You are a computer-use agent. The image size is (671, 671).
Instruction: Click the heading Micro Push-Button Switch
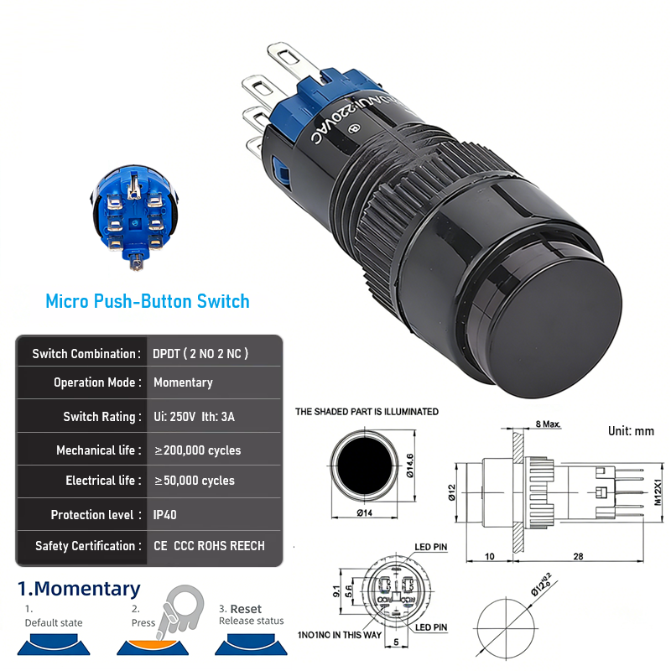tap(148, 300)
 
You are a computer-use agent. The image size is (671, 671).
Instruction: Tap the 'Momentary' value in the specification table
tap(183, 382)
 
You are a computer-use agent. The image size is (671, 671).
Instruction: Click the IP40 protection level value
tap(165, 515)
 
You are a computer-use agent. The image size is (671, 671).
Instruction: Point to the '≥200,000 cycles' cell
tap(198, 450)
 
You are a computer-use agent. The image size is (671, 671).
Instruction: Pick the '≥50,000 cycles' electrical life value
tap(195, 481)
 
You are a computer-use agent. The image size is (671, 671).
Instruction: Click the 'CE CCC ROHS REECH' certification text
tap(209, 546)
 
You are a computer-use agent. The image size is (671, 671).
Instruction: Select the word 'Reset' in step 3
tap(247, 609)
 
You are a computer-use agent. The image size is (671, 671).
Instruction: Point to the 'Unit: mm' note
tap(631, 431)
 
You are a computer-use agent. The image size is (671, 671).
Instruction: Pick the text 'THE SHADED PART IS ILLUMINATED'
tap(367, 412)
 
